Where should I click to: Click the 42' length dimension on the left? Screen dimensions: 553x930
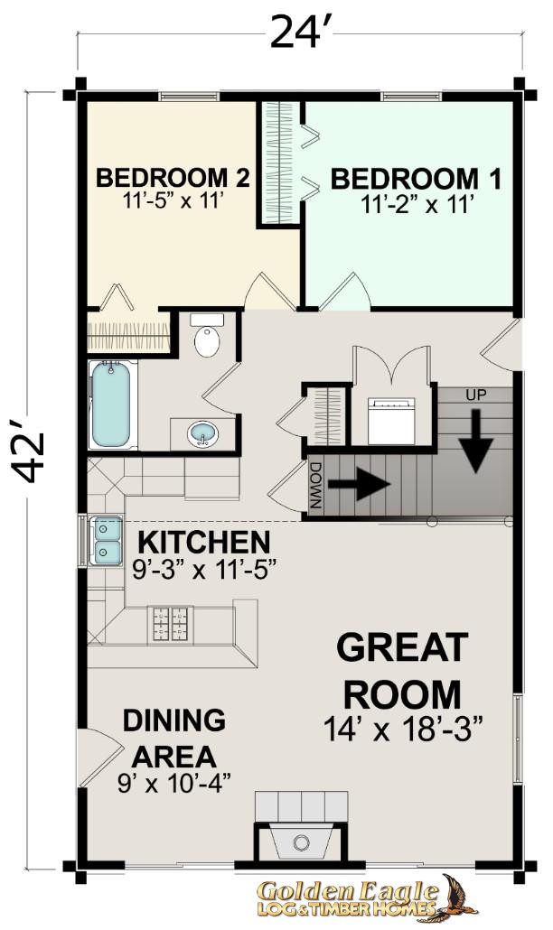(28, 450)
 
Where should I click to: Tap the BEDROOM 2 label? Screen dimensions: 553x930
(173, 178)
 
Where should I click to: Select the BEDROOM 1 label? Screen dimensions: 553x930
(416, 179)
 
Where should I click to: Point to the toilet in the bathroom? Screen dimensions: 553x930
(207, 335)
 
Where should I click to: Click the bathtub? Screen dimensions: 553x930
(111, 405)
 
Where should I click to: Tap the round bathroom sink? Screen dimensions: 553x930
(203, 433)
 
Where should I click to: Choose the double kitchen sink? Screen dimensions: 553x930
(106, 540)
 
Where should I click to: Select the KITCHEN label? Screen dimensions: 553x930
(204, 542)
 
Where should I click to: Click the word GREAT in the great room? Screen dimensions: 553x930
(402, 647)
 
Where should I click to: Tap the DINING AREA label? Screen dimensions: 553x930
(173, 739)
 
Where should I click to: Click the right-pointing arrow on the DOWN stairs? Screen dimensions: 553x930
(359, 484)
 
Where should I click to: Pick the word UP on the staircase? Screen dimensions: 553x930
(476, 395)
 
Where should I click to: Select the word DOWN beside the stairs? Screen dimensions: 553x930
(315, 485)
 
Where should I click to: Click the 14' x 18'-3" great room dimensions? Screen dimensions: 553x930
(403, 729)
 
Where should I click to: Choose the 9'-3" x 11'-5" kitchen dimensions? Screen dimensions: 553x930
(205, 571)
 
